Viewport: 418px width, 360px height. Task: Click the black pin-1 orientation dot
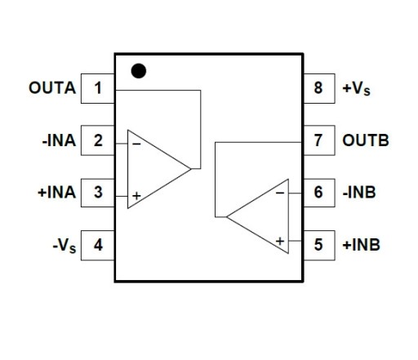(139, 71)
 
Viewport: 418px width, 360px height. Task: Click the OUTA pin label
(52, 88)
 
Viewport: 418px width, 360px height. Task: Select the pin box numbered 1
(98, 88)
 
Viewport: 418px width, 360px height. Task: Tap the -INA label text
(59, 140)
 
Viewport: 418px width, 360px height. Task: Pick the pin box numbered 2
(98, 140)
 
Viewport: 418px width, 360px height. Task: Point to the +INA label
(56, 193)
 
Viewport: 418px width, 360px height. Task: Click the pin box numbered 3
(98, 193)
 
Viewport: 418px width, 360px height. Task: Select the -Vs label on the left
(64, 246)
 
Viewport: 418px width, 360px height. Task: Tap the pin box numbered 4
(98, 246)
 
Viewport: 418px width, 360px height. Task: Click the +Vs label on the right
(357, 89)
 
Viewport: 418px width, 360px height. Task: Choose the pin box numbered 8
(319, 88)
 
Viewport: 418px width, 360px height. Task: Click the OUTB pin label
(366, 140)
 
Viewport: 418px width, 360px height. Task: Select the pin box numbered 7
(319, 140)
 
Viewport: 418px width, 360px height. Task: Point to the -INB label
(359, 193)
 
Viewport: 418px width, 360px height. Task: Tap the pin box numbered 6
(319, 193)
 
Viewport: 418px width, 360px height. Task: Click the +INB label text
(362, 245)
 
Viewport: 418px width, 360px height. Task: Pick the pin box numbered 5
(319, 246)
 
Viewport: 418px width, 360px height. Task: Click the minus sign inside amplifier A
(136, 144)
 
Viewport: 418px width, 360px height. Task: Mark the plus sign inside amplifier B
(280, 241)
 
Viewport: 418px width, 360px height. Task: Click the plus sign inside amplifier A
(136, 196)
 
